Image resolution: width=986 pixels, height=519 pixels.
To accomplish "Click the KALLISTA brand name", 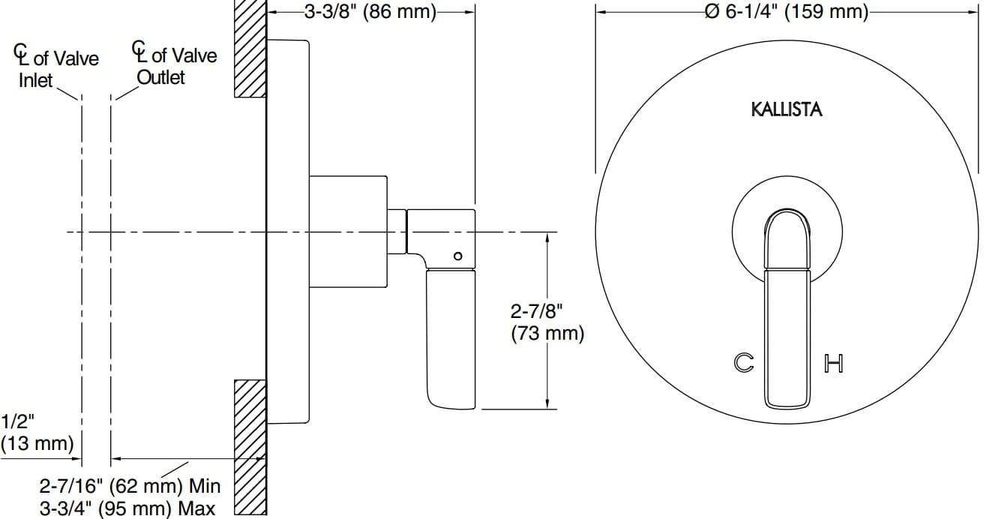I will coord(787,109).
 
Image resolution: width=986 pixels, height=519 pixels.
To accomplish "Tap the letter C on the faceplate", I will coord(743,363).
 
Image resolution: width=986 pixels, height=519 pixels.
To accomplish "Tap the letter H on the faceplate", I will coord(834,364).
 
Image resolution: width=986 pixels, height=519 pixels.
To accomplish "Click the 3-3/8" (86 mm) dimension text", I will coord(370,12).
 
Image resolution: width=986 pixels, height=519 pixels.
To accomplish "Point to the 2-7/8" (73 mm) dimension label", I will coord(546,321).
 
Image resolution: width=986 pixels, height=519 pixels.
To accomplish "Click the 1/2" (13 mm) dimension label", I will coord(36,431).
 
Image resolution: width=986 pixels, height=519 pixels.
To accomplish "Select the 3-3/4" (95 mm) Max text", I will coord(127,508).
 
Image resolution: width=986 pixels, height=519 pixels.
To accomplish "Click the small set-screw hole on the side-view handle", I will coord(457,256).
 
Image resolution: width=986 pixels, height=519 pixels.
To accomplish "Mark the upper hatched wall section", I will coord(250,49).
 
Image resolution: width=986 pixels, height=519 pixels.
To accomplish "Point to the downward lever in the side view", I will coord(451,337).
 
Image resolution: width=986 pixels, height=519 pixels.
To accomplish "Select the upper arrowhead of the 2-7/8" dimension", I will coord(548,238).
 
